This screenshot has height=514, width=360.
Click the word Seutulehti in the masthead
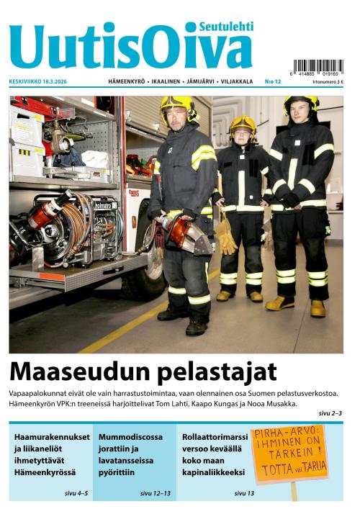click(x=227, y=27)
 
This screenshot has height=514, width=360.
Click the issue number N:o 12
click(x=273, y=83)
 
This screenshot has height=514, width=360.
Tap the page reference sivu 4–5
click(x=75, y=493)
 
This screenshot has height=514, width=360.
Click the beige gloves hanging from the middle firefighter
click(x=227, y=234)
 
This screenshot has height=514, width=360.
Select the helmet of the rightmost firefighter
click(x=301, y=103)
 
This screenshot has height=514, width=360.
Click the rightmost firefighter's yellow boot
click(x=318, y=308)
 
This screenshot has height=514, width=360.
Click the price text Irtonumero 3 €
click(x=328, y=83)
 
